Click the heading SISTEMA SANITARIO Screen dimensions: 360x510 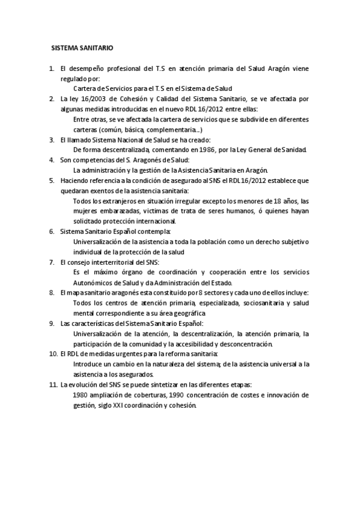coord(82,47)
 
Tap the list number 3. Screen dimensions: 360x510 coord(52,139)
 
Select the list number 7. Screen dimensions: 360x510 coord(52,262)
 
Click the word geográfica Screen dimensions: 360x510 coord(186,313)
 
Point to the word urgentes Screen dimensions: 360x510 coord(130,354)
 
